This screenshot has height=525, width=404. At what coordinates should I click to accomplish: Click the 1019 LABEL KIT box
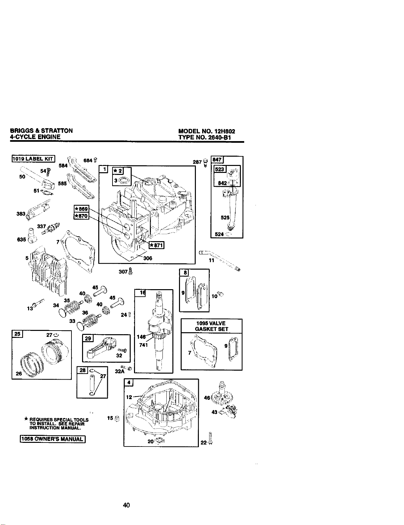coord(33,159)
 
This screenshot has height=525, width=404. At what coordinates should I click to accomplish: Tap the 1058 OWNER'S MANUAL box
coord(52,439)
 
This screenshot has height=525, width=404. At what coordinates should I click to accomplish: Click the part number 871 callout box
coord(157,245)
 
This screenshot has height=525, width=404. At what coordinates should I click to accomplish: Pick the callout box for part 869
coord(81,209)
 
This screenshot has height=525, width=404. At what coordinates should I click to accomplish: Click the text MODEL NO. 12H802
coord(206,131)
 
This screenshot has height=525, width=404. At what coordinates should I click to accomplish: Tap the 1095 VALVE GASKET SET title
coord(211,326)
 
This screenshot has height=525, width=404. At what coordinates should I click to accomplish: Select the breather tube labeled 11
coord(220,261)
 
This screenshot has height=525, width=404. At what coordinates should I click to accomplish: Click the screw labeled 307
coord(131,271)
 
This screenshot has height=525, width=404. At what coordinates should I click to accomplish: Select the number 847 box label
coord(217,160)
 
